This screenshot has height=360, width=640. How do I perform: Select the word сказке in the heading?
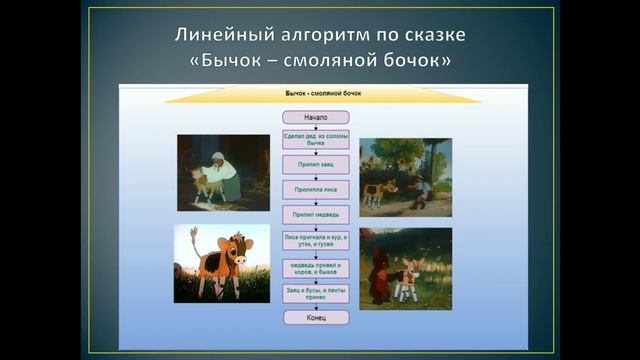(428, 35)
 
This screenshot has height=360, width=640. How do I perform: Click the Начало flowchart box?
(315, 117)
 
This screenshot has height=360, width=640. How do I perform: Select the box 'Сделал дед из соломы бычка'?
(315, 139)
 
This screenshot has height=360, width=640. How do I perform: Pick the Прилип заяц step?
(315, 163)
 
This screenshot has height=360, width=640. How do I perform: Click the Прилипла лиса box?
(315, 188)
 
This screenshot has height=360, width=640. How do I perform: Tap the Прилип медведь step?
(315, 214)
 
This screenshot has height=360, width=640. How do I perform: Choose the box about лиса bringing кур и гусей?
(315, 241)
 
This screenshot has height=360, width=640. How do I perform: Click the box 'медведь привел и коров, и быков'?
(315, 266)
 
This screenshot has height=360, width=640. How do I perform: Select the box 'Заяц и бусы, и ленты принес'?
(315, 292)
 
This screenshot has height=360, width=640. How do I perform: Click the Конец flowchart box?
(315, 317)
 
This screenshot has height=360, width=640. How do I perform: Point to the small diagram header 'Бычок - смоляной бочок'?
(316, 92)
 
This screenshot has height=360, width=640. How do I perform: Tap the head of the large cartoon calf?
(233, 254)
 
